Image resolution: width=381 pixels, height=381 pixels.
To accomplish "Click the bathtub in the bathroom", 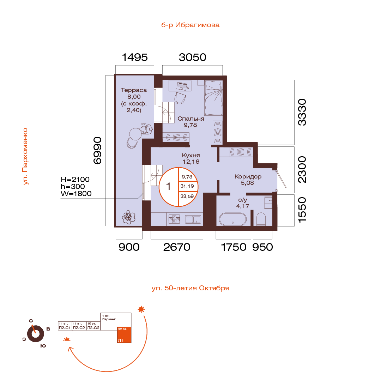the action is click(232, 219).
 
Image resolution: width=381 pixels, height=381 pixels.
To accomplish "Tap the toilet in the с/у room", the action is click(261, 219).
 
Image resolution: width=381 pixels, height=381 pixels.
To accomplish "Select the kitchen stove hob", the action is click(174, 219).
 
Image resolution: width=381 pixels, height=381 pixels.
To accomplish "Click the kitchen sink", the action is click(193, 219).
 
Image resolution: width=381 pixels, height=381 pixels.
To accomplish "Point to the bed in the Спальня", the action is click(213, 98).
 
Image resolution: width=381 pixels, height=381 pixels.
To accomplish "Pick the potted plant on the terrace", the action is click(128, 217).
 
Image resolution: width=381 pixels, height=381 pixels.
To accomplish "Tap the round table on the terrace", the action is click(135, 134).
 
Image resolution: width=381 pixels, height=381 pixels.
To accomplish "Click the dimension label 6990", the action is click(98, 150).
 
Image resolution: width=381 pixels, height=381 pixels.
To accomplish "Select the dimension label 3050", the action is click(193, 58).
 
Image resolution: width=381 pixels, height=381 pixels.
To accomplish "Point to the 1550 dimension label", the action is click(302, 210).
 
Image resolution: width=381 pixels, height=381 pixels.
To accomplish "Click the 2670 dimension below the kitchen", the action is click(177, 247).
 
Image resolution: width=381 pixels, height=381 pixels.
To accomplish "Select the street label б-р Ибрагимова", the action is click(190, 25).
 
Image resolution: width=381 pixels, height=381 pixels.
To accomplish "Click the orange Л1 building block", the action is click(124, 335).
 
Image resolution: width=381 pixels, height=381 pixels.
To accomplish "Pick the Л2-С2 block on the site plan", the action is click(79, 326).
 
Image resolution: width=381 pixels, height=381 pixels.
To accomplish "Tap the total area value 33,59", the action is click(187, 196).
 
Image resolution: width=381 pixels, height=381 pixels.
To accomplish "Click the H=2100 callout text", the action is click(75, 180).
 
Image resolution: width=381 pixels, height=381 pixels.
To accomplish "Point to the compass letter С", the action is click(31, 321).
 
